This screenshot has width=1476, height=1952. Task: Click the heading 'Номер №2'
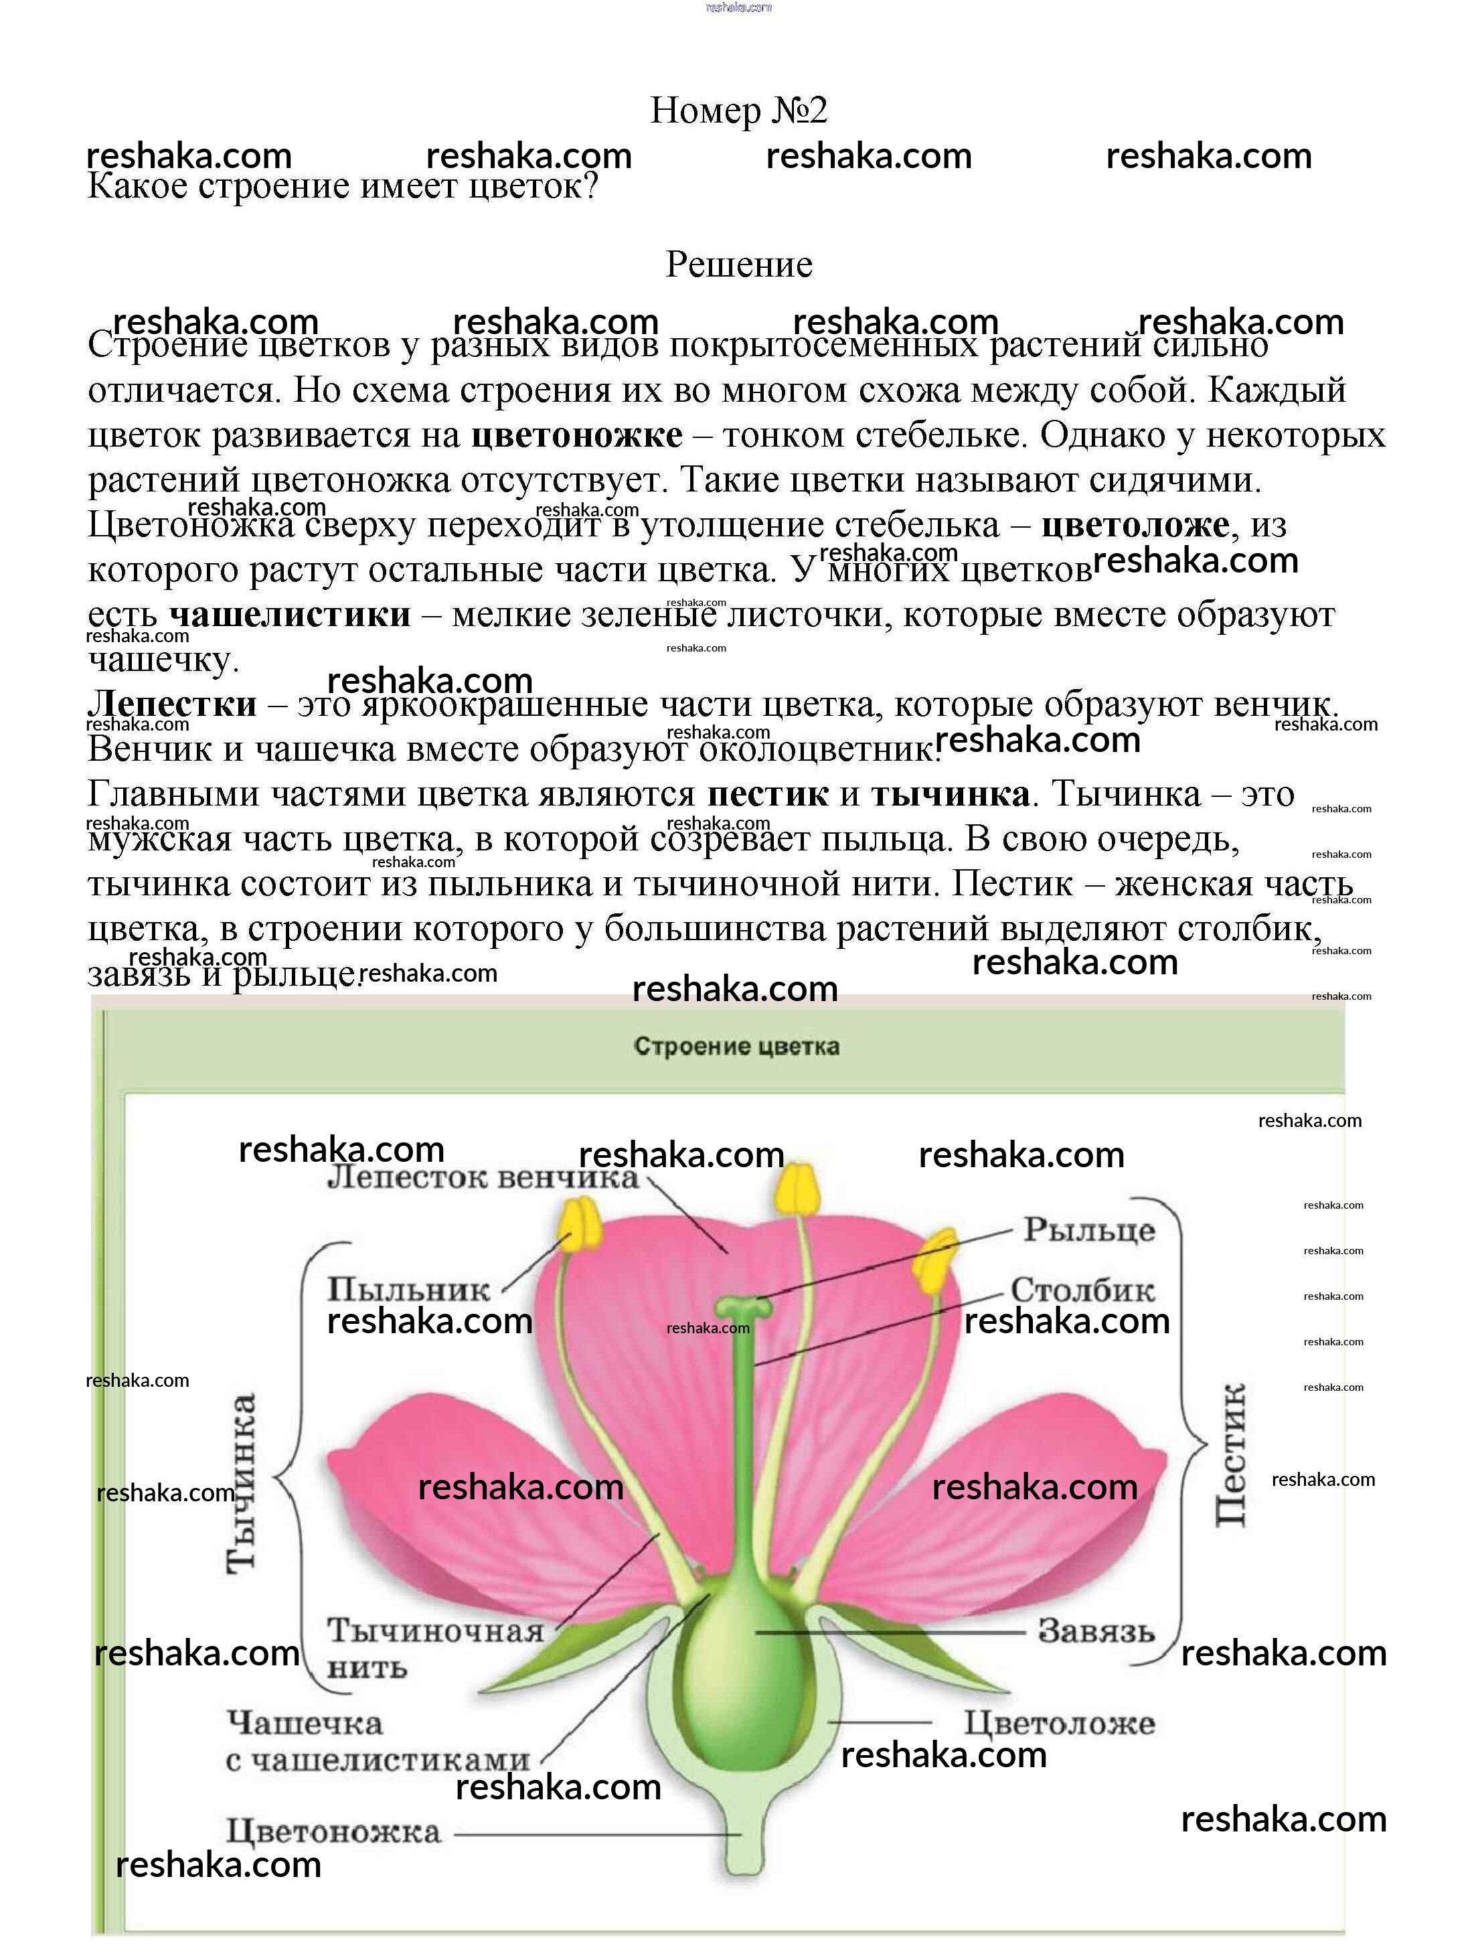tap(738, 110)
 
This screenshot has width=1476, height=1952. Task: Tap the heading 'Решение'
tap(738, 265)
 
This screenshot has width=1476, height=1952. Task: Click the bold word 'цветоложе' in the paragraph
tap(1135, 525)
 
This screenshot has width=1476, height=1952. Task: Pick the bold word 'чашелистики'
tap(289, 615)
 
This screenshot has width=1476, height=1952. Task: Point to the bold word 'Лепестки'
tap(172, 704)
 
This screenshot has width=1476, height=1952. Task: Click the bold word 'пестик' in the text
tap(768, 794)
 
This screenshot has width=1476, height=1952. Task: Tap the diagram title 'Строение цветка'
tap(737, 1047)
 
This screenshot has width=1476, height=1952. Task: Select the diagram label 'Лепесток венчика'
tap(483, 1178)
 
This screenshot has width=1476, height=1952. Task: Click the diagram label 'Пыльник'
tap(408, 1290)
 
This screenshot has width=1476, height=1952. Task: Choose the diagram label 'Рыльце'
tap(1088, 1230)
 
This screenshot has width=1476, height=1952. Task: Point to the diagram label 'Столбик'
tap(1082, 1290)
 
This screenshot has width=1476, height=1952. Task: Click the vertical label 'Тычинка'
tap(241, 1483)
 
